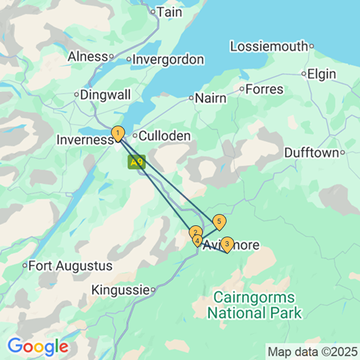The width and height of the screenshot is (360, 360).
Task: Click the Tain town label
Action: pos(168,11)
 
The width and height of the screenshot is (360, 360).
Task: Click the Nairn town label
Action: pos(210,98)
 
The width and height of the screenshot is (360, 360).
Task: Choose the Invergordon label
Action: pos(167,59)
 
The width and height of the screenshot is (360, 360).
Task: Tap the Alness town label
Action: pos(87,56)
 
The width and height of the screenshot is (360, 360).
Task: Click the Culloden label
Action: pos(163,136)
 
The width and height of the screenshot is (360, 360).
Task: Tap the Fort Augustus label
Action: pos(70,265)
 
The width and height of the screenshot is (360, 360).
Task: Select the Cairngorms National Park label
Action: pos(254,305)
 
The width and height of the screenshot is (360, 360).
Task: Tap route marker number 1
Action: pos(117,134)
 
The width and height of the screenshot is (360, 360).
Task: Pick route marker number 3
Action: pos(226,244)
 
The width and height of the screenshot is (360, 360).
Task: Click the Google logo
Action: pos(38,345)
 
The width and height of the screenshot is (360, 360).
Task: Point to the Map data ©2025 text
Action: pos(312,352)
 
